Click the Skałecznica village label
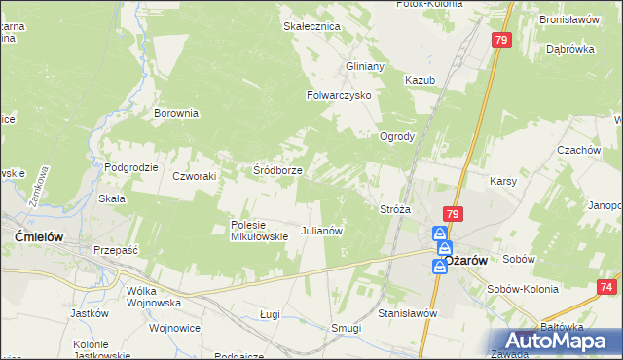tap(311, 26)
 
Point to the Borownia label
tap(176, 113)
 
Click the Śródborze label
tap(277, 170)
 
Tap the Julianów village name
tap(321, 232)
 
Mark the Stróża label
tap(394, 209)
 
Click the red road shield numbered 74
tap(607, 287)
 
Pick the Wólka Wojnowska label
tap(155, 297)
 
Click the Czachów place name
tap(576, 150)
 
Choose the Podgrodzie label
tap(130, 167)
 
